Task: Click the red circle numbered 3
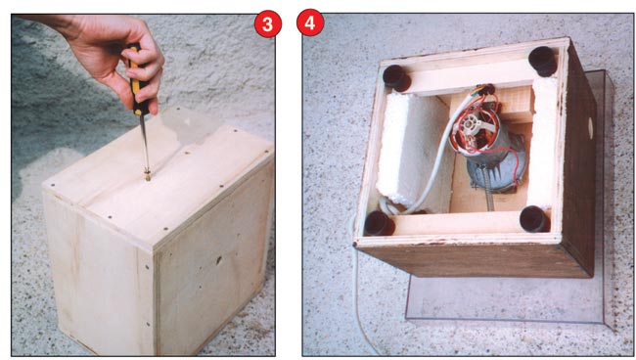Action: point(266,23)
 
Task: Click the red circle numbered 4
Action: point(310,23)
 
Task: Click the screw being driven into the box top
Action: point(147,177)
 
